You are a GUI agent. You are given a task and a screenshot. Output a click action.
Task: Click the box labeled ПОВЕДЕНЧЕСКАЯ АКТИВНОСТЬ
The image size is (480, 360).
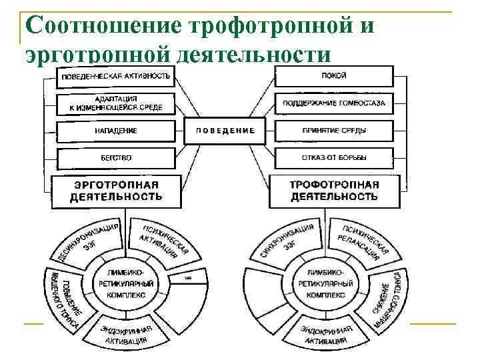[x=116, y=77]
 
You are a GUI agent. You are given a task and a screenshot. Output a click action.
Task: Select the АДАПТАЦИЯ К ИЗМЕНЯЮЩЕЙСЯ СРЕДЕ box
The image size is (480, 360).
[x=116, y=103]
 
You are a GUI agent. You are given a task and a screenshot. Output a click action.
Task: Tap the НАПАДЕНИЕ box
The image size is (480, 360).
[x=116, y=131]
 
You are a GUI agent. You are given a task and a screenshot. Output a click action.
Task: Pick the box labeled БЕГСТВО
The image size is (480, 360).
[x=116, y=158]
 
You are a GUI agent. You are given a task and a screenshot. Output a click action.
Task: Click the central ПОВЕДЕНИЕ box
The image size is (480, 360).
[x=225, y=131]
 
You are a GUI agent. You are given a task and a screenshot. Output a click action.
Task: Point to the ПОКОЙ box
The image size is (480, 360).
[x=333, y=76]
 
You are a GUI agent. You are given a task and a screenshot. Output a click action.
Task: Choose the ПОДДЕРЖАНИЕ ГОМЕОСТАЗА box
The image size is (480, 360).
[x=333, y=103]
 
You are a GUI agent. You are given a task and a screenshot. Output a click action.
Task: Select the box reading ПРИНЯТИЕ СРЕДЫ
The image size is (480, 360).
[x=333, y=131]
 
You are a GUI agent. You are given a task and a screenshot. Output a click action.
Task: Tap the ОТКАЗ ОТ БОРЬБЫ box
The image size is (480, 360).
[x=333, y=158]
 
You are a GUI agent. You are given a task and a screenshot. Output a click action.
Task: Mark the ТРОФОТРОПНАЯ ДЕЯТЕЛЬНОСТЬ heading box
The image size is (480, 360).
[x=333, y=191]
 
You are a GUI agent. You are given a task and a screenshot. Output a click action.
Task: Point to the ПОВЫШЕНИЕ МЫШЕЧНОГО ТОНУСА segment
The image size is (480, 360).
[x=63, y=297]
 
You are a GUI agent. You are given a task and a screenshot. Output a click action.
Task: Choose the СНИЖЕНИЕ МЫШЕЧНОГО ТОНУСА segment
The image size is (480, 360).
[x=387, y=293]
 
